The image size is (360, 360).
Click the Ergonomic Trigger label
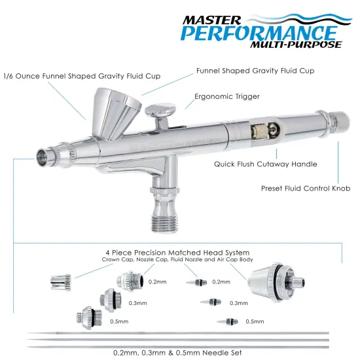[227, 96]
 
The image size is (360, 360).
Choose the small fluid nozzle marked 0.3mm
[211, 303]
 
